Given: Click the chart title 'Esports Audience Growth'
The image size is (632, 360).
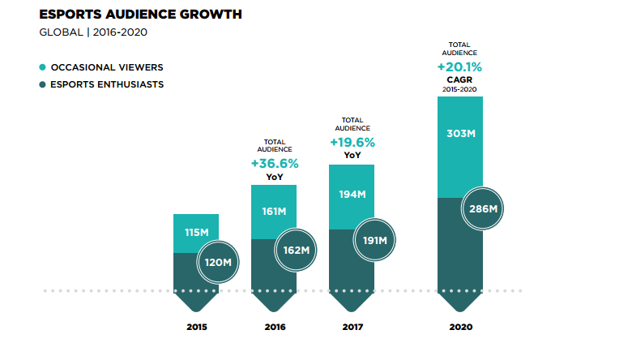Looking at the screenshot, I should click(x=140, y=15).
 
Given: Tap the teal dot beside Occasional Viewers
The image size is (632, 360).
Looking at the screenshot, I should click(x=42, y=68).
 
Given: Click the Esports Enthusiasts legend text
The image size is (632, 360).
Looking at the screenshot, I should click(x=107, y=84).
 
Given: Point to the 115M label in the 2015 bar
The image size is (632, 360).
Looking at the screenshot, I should click(x=196, y=233).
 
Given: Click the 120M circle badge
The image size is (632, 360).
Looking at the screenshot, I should click(x=217, y=262).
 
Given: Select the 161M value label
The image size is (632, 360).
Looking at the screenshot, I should click(x=274, y=212).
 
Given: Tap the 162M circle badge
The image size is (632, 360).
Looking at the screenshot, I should click(x=295, y=251).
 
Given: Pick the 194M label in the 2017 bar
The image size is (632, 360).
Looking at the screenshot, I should click(x=351, y=195).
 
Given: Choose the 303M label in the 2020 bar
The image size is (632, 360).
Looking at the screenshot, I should click(x=460, y=134).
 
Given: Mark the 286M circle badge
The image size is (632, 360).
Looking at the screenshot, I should click(x=483, y=209).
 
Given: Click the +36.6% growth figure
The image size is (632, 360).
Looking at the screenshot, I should click(x=275, y=164).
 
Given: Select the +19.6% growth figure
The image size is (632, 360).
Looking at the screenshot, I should click(x=352, y=142).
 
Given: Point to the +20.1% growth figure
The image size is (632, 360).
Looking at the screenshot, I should click(x=460, y=66).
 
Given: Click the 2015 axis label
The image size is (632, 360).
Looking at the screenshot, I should click(x=196, y=328).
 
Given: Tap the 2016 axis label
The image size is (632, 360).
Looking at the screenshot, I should click(x=274, y=328).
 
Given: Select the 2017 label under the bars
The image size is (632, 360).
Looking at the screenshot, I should click(x=352, y=328).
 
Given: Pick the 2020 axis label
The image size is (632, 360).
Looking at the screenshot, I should click(x=459, y=328).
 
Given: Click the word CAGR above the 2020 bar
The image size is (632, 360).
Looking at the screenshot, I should click(x=459, y=80).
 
